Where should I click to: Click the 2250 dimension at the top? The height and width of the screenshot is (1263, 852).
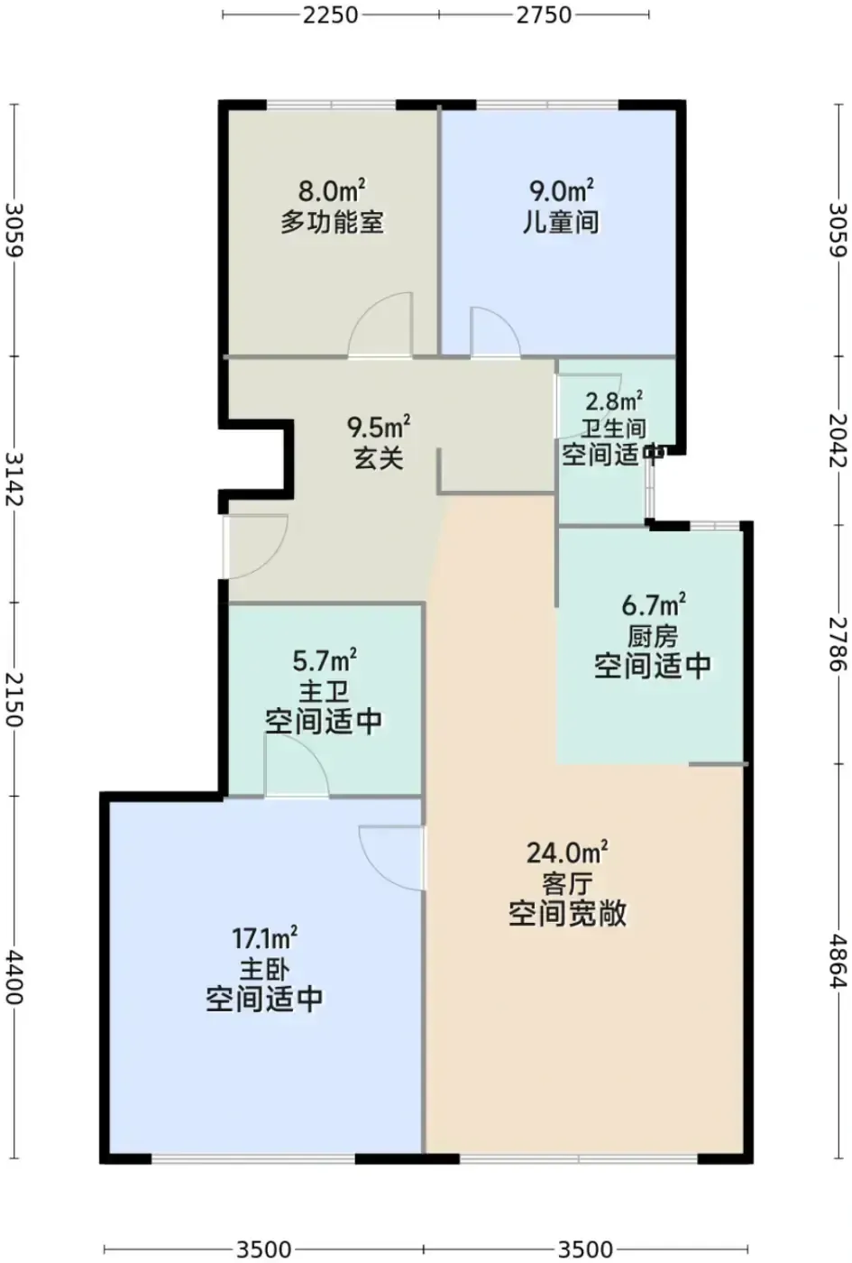[x=330, y=14]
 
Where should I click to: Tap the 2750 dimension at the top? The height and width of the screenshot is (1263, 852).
[x=544, y=14]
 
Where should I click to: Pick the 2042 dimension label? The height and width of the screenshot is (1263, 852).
[x=838, y=440]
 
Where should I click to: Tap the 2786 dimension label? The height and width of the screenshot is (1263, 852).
[x=838, y=643]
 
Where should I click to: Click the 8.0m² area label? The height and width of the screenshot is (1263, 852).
[x=333, y=190]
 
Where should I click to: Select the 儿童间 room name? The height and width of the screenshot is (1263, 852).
[x=561, y=222]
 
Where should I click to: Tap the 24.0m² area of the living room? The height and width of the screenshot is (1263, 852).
[x=567, y=852]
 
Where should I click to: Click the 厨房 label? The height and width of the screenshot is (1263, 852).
[x=652, y=637]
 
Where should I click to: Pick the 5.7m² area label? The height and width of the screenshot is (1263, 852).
[x=325, y=660]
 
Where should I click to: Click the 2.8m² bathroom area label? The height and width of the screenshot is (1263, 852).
[x=615, y=402]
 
